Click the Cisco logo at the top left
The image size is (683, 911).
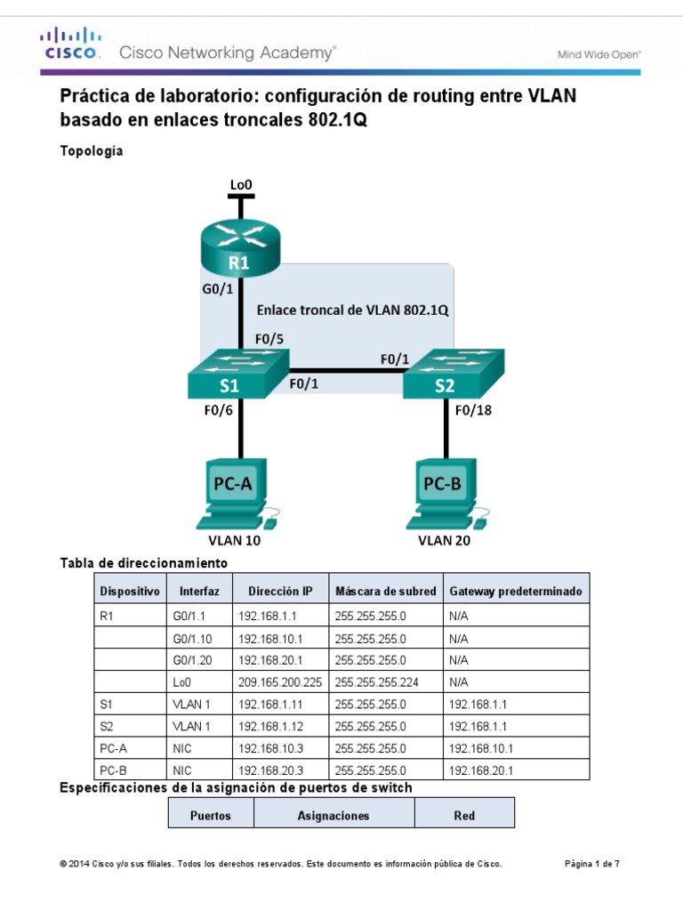[68, 44]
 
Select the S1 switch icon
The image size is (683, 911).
[238, 375]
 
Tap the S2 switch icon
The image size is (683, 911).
[453, 375]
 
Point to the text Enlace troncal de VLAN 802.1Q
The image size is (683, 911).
[352, 310]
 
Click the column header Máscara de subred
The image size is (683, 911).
[385, 591]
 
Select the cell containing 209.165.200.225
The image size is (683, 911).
[279, 681]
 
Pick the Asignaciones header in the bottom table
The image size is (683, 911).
[333, 815]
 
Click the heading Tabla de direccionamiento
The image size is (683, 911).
[143, 563]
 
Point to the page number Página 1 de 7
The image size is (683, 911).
[592, 864]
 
